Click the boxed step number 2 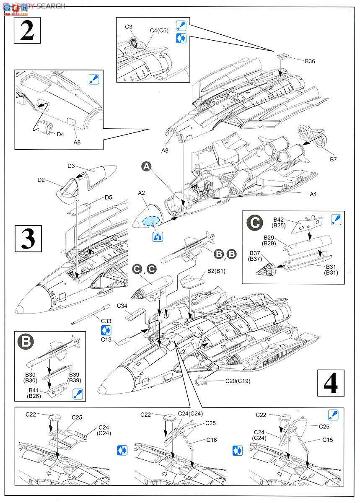tap(27, 30)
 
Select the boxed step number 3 tap(28, 238)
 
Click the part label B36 tap(310, 61)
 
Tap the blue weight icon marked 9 tap(158, 236)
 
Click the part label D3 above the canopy tap(71, 166)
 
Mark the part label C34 tap(122, 306)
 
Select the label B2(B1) tap(216, 271)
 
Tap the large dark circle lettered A tap(146, 167)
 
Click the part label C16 tap(211, 440)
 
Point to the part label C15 tap(327, 440)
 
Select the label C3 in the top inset tap(129, 27)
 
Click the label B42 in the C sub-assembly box tap(279, 219)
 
